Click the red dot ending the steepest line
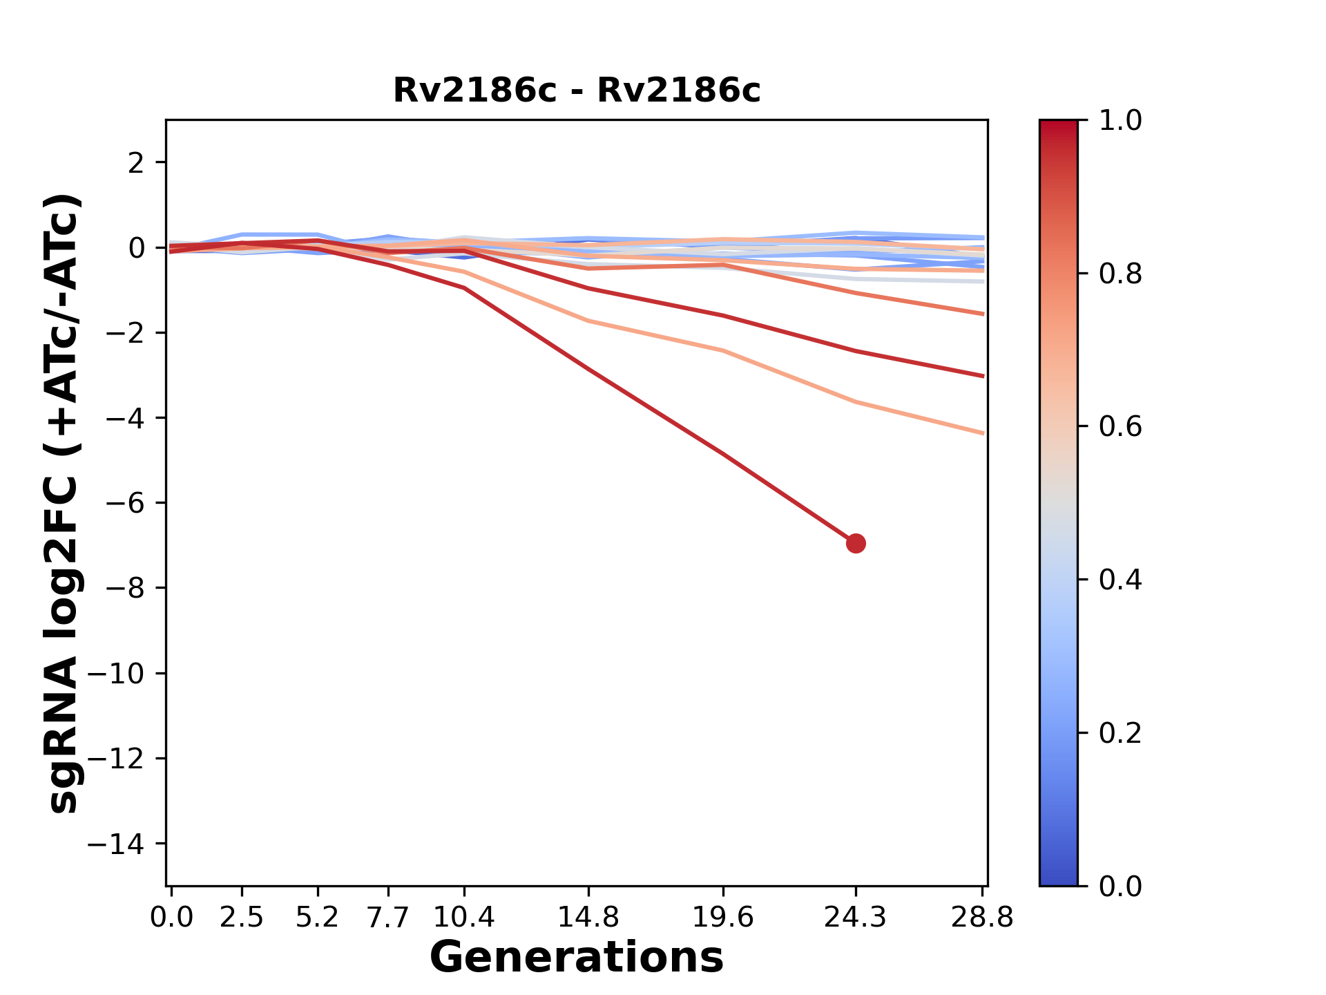[856, 544]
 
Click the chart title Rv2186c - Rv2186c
[577, 91]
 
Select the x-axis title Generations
[577, 958]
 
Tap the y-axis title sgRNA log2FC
[64, 503]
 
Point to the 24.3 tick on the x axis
[856, 918]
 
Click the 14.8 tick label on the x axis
[588, 918]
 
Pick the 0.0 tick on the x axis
[171, 918]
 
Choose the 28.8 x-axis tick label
[982, 918]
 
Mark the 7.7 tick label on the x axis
[388, 918]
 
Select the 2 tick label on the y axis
[137, 162]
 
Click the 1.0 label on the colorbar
[1120, 121]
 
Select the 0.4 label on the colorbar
[1120, 580]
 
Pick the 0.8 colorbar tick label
[1120, 274]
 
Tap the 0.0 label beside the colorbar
[1120, 886]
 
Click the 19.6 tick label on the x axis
[723, 918]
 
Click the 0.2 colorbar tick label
[1120, 733]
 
